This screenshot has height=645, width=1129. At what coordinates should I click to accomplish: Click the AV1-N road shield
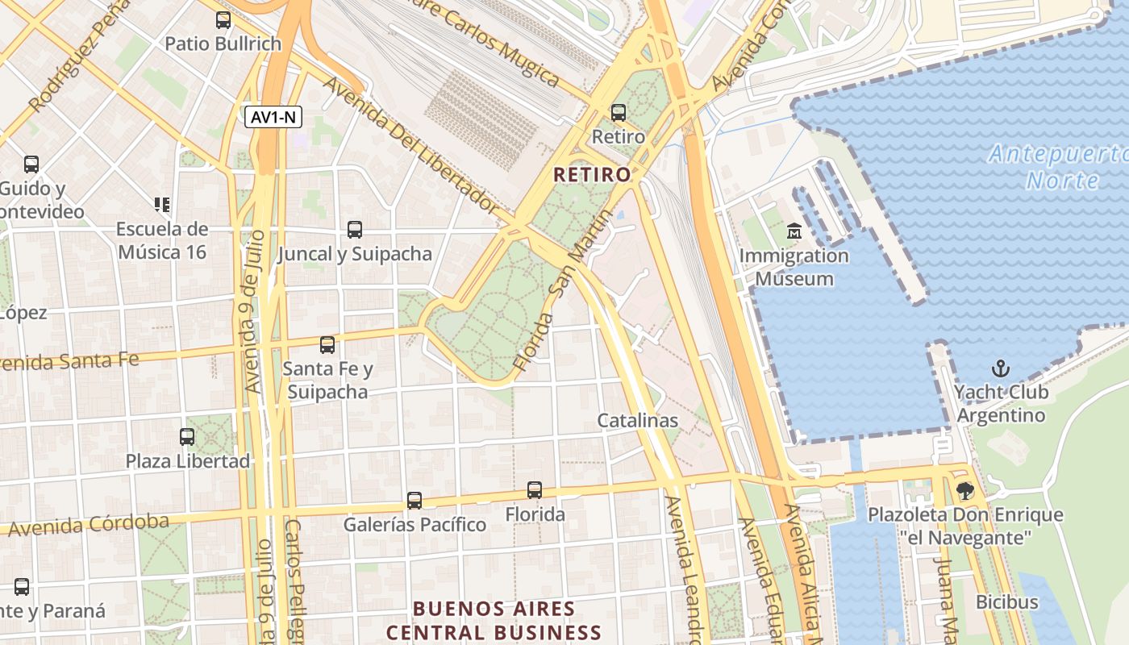pyautogui.click(x=273, y=117)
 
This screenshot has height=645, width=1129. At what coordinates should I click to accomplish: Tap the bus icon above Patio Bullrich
pyautogui.click(x=223, y=20)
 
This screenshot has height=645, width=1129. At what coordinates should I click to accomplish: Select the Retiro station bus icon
pyautogui.click(x=619, y=113)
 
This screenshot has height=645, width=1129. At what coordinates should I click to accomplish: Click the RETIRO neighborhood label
pyautogui.click(x=592, y=174)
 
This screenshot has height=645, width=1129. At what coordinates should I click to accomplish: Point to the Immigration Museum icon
pyautogui.click(x=794, y=231)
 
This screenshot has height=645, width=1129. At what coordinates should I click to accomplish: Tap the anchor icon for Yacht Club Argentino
pyautogui.click(x=1000, y=368)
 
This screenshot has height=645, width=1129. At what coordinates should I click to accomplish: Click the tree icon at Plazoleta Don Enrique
pyautogui.click(x=964, y=490)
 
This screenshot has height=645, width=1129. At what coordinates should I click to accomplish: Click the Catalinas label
pyautogui.click(x=637, y=420)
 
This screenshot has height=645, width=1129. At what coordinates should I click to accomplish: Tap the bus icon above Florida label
pyautogui.click(x=535, y=489)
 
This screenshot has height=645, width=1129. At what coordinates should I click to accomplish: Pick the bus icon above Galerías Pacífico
pyautogui.click(x=415, y=500)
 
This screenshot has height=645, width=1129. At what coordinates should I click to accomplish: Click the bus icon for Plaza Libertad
pyautogui.click(x=187, y=437)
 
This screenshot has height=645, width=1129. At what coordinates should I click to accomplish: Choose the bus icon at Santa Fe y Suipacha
pyautogui.click(x=327, y=345)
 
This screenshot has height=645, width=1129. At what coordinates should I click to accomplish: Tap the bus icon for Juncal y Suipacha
pyautogui.click(x=355, y=230)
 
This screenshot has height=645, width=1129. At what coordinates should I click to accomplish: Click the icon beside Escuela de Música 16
pyautogui.click(x=162, y=205)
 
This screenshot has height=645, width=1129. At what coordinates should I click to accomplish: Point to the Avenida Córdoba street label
pyautogui.click(x=89, y=525)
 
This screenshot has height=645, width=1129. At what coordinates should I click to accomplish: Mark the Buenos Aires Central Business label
pyautogui.click(x=494, y=620)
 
